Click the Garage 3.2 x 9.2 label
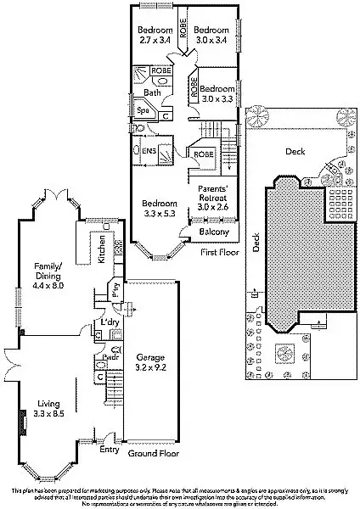click(x=152, y=362)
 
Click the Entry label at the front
click(x=110, y=450)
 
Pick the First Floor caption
click(x=219, y=253)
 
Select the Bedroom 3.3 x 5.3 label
click(x=159, y=210)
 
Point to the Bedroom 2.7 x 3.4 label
click(x=155, y=33)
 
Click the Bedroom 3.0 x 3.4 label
click(x=211, y=33)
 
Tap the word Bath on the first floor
click(x=152, y=93)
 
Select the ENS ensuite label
click(x=148, y=151)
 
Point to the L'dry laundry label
click(x=109, y=323)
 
